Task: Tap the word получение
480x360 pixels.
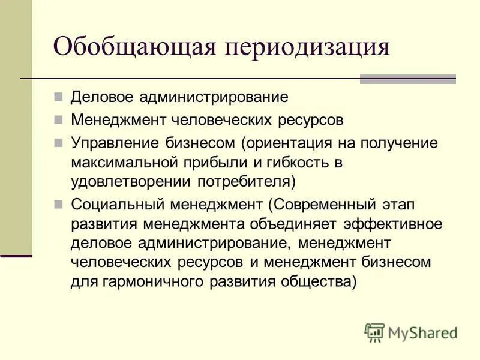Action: click(399, 143)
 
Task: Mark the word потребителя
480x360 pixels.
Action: click(247, 181)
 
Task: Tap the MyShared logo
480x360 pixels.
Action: click(411, 332)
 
